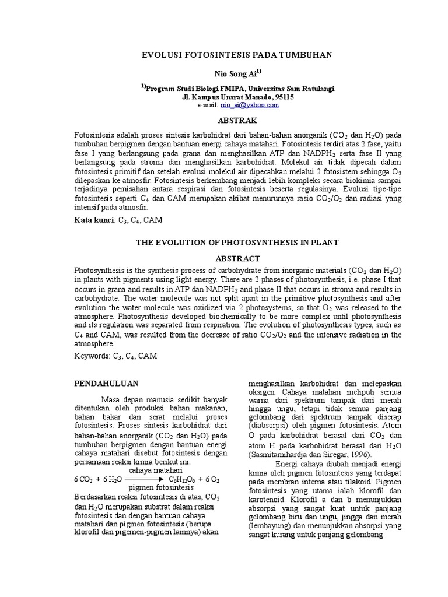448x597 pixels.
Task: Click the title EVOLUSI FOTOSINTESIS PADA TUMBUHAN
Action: [x=237, y=55]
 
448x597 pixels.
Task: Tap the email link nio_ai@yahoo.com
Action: [x=249, y=105]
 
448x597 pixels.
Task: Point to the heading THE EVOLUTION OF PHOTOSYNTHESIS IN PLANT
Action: [x=237, y=242]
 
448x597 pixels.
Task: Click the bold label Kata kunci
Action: [x=95, y=220]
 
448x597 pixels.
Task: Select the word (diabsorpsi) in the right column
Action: [x=271, y=425]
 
